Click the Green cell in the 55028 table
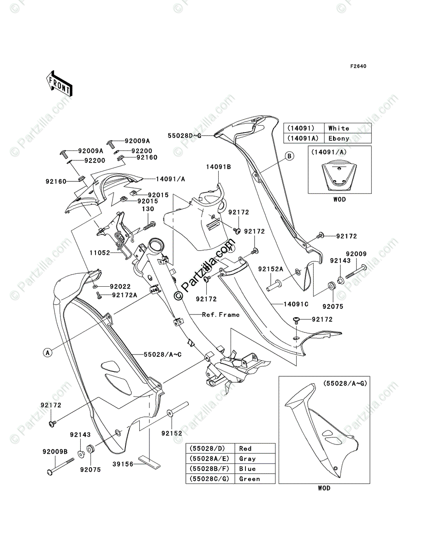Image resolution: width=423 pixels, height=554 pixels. click(x=250, y=479)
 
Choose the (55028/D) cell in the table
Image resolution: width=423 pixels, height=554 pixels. click(x=207, y=448)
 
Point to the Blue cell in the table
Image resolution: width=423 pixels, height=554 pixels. click(x=247, y=469)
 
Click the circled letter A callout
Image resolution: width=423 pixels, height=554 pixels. click(x=47, y=353)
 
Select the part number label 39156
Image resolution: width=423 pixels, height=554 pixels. click(x=122, y=464)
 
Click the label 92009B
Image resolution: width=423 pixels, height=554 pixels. click(x=55, y=452)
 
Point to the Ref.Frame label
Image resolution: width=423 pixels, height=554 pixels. click(x=221, y=315)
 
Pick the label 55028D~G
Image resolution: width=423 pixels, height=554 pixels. click(x=184, y=135)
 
